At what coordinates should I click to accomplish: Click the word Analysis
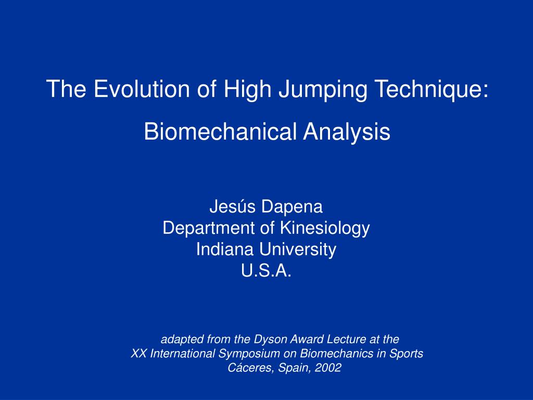(347, 131)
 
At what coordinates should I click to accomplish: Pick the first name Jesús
(233, 207)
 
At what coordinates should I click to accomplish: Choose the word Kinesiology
(325, 228)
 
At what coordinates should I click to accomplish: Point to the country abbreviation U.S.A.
(266, 271)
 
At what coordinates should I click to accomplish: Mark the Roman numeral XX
(138, 354)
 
